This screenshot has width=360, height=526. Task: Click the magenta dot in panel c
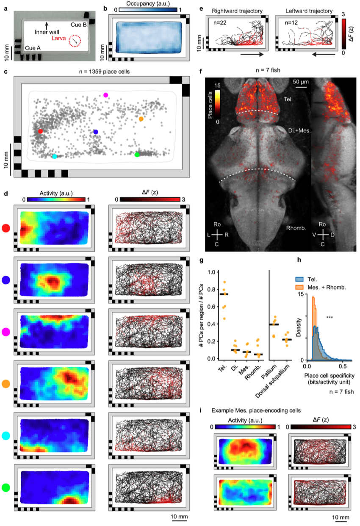click(x=106, y=95)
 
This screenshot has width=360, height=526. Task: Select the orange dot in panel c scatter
click(x=141, y=119)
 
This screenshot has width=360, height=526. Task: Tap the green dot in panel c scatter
click(x=136, y=155)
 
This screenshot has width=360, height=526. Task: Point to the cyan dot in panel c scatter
click(x=54, y=156)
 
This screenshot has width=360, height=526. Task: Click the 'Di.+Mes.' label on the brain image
click(x=299, y=131)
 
